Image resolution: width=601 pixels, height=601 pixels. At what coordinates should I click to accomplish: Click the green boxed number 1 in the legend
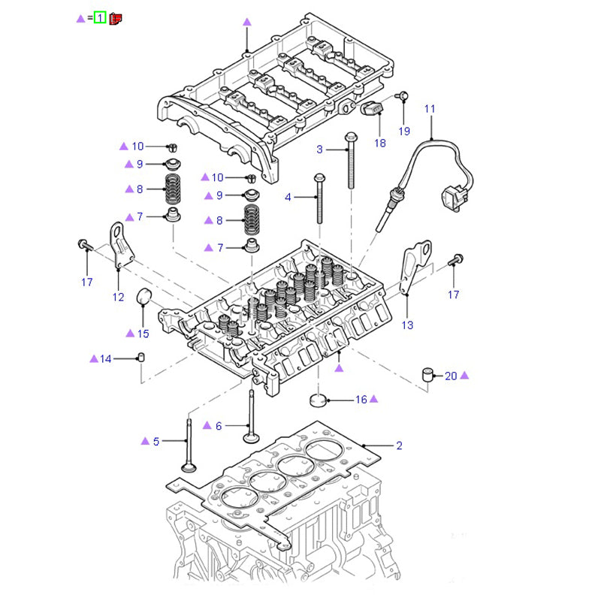99,17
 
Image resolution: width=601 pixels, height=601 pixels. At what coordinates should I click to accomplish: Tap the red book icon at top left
116,17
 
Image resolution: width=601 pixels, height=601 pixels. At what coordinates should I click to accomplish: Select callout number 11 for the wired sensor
430,109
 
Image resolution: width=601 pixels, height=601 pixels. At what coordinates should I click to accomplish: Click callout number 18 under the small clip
380,143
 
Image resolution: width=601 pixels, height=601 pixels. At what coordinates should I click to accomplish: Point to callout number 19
405,131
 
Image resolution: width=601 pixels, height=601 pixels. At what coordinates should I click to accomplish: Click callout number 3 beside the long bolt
319,149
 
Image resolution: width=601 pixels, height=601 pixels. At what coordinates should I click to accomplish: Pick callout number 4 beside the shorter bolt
288,198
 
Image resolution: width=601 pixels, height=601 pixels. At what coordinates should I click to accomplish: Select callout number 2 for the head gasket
400,445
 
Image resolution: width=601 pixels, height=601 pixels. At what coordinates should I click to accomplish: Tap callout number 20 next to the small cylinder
451,376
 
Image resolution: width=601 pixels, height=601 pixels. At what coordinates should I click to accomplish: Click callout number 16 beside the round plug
361,400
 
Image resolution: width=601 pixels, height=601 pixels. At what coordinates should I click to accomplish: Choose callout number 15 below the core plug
143,333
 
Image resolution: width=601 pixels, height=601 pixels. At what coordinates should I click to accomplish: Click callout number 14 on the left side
105,359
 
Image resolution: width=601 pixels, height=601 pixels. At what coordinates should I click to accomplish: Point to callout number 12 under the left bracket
118,297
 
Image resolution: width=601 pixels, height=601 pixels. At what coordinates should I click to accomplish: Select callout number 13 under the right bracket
407,325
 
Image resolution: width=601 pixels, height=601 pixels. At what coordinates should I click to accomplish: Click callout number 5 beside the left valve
156,441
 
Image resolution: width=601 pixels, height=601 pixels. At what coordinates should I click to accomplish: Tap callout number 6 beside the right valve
219,426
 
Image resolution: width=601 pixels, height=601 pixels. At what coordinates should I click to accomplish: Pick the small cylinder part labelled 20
429,374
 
